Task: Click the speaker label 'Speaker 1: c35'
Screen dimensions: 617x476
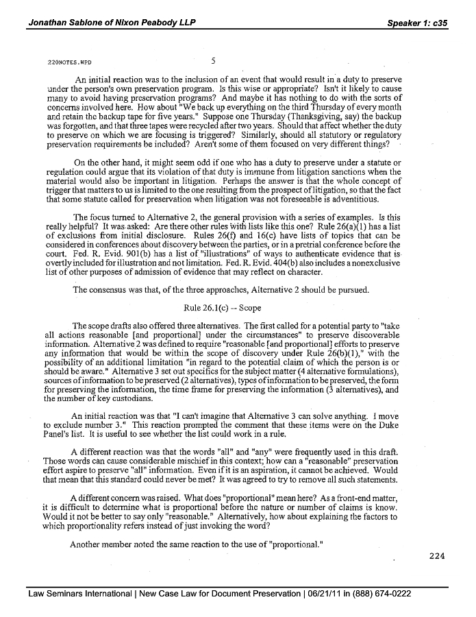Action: click(417, 23)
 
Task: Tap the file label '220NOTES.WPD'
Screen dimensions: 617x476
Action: click(65, 62)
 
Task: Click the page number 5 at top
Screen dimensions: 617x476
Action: click(214, 61)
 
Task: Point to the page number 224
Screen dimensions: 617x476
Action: click(437, 556)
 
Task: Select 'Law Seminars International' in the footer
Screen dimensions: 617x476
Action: click(80, 594)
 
